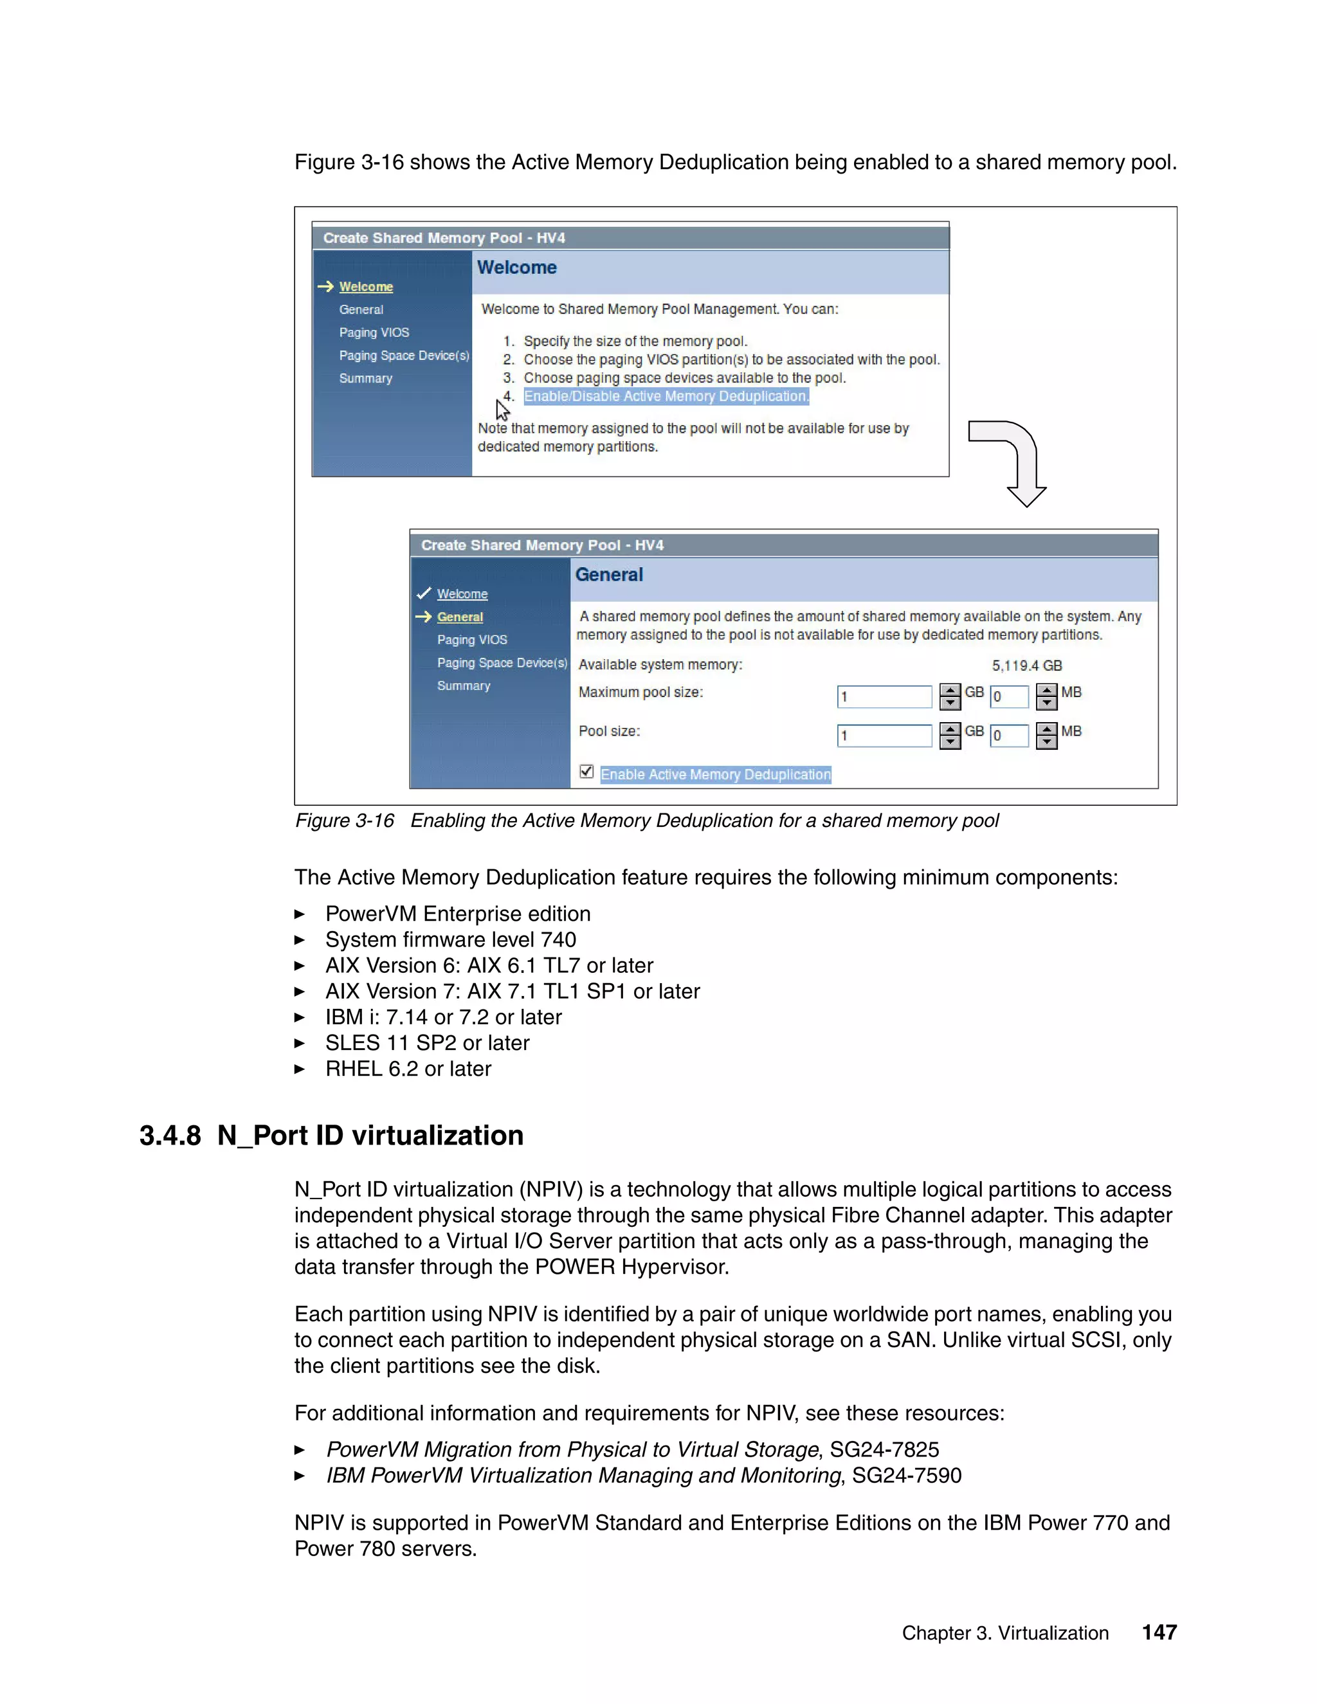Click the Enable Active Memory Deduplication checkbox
[586, 772]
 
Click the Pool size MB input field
[1009, 735]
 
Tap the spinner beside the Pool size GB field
[950, 735]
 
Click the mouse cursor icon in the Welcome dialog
[502, 410]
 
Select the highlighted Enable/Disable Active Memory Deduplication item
[666, 396]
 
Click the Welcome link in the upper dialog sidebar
[365, 287]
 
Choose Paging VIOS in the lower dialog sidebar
[471, 640]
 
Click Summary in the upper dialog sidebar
[365, 378]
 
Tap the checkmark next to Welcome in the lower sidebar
[424, 593]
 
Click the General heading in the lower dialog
[608, 575]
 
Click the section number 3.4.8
[170, 1135]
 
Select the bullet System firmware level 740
[450, 939]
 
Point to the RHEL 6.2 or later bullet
[408, 1069]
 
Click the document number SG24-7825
[884, 1449]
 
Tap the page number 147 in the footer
[1159, 1632]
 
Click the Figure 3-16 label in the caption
[344, 820]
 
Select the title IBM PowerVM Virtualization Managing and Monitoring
[583, 1475]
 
